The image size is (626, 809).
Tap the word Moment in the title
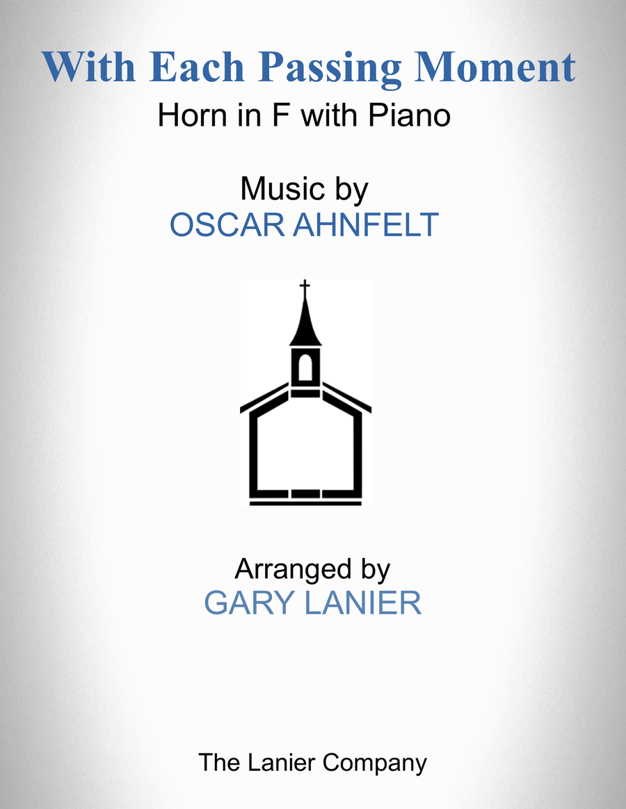[495, 67]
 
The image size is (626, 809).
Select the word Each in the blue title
[197, 67]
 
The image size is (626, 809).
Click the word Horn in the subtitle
[192, 115]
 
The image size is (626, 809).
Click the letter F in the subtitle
[280, 115]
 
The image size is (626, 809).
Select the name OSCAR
[227, 225]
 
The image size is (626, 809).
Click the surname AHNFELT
[366, 225]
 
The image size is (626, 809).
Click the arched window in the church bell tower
[305, 368]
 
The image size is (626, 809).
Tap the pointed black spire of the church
[305, 322]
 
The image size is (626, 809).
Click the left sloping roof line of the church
[264, 398]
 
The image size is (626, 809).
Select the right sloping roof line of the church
[346, 398]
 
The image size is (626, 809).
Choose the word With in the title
[89, 67]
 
